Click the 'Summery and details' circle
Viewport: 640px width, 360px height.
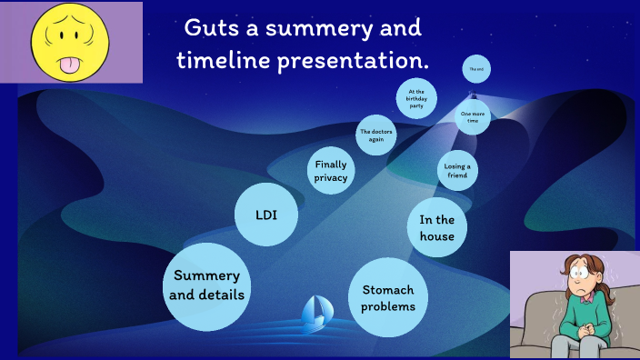(x=207, y=285)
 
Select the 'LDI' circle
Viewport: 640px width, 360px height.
(x=266, y=215)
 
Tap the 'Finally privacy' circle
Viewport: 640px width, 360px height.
(x=331, y=170)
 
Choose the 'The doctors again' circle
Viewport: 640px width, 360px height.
(x=377, y=137)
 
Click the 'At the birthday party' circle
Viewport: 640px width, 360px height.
(x=416, y=98)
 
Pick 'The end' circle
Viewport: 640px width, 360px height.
(x=474, y=68)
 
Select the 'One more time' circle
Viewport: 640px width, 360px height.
(x=473, y=117)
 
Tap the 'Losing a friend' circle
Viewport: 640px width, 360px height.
(x=456, y=169)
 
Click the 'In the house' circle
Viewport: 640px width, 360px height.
(x=437, y=227)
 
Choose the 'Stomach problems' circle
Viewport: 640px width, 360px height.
(x=388, y=297)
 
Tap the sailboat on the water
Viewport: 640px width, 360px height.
(x=315, y=311)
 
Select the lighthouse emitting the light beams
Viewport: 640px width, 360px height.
(x=472, y=92)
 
